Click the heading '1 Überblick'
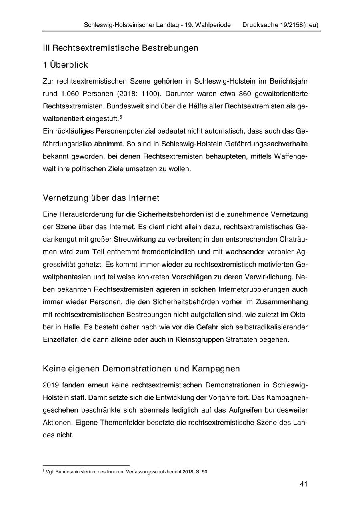[x=65, y=65]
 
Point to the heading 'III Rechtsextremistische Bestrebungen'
[x=120, y=48]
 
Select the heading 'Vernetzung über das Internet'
[x=101, y=198]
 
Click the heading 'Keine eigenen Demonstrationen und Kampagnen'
[x=141, y=368]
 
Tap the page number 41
[x=303, y=484]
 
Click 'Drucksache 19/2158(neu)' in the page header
[x=280, y=25]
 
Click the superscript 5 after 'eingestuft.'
[x=120, y=117]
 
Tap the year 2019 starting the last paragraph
[x=51, y=385]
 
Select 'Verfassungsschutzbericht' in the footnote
[x=151, y=472]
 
